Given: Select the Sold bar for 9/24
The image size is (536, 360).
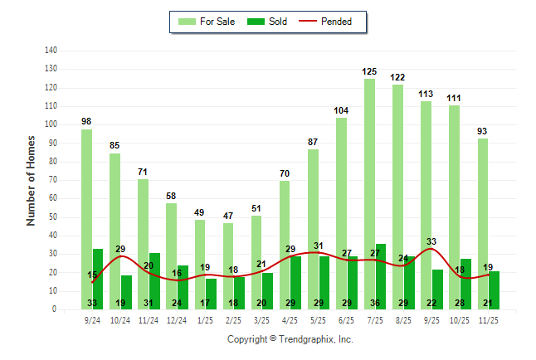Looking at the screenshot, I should [98, 279].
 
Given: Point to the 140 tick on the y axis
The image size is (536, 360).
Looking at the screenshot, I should [51, 51].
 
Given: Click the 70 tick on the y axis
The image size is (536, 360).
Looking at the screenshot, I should [53, 180].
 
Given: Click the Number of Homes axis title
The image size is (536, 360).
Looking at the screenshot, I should [31, 180].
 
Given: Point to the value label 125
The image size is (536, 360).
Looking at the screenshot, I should [369, 72].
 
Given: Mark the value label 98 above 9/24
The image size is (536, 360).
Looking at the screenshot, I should [86, 122].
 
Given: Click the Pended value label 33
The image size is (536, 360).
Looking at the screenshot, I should [431, 241].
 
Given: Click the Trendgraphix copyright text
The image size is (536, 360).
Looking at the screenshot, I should [290, 339].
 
